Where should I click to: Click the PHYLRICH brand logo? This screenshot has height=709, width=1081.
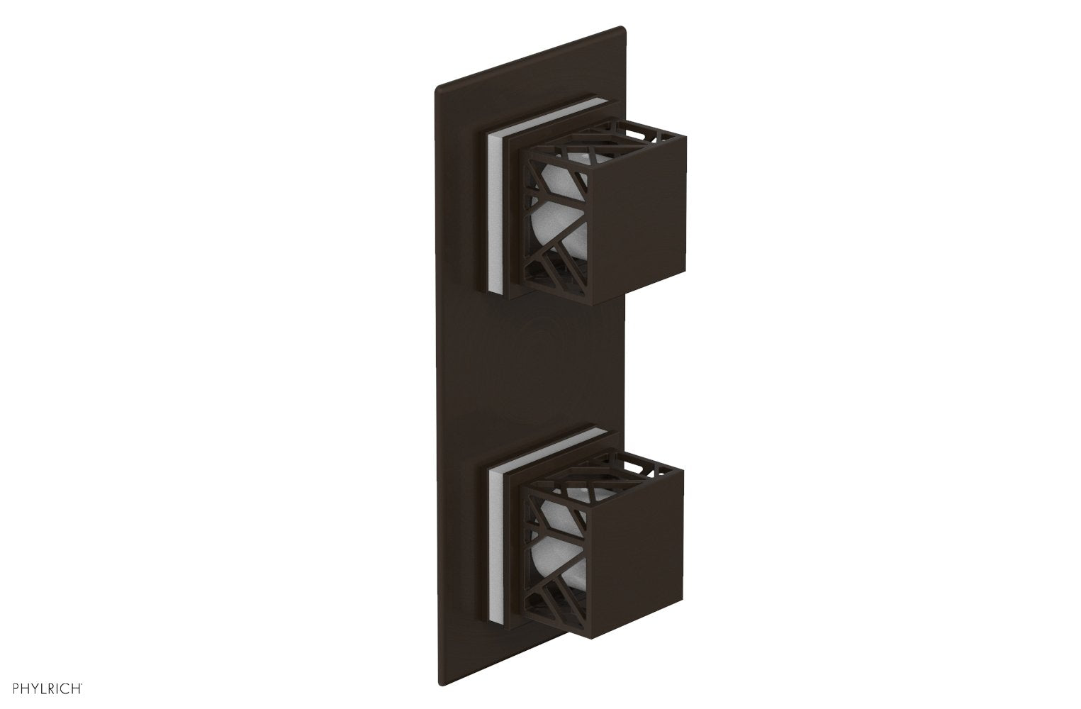[44, 686]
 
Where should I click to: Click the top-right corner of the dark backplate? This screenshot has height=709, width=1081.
[623, 29]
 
